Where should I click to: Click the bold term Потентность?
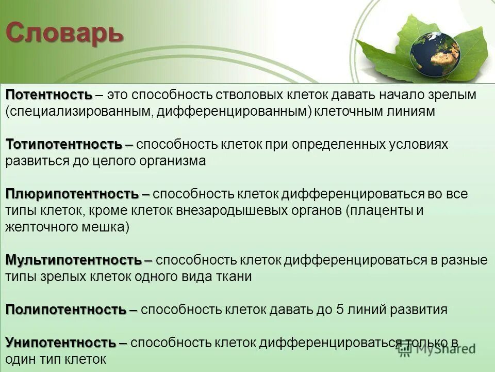coord(48,95)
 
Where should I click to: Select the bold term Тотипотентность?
coord(64,145)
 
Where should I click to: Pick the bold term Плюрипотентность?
coord(72,194)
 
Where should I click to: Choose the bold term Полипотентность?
coord(65,309)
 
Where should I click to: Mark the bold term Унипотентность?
coord(60,343)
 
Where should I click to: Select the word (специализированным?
coord(78,112)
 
